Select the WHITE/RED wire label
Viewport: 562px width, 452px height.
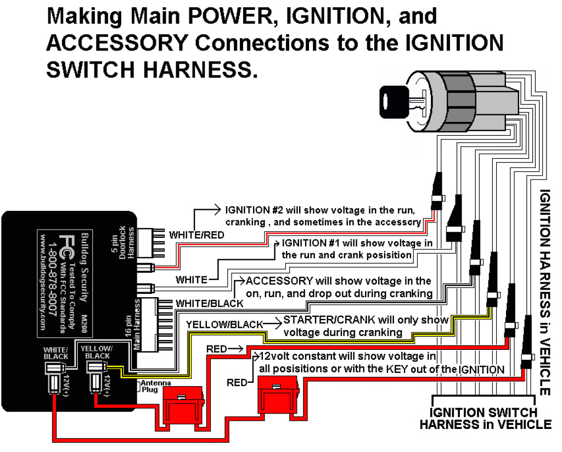(x=196, y=235)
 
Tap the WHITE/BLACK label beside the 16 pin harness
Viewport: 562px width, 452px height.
(x=209, y=303)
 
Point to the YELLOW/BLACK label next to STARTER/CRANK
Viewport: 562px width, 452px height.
(x=225, y=324)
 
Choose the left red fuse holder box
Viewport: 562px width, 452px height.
(x=181, y=404)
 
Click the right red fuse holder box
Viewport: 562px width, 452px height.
(x=280, y=393)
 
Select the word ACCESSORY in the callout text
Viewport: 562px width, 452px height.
(x=279, y=281)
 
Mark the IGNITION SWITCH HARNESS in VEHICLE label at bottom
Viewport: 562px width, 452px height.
(x=485, y=418)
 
